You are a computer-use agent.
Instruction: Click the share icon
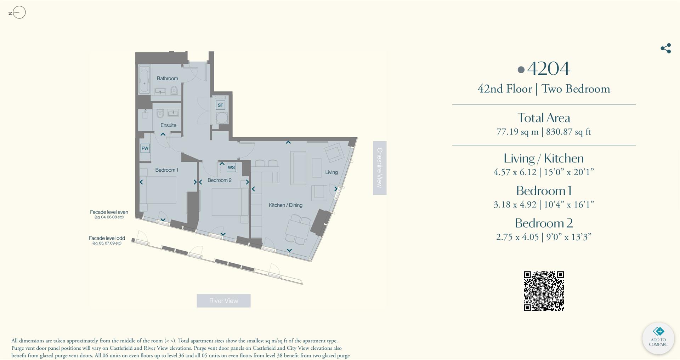tap(665, 48)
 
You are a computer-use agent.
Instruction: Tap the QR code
tap(544, 291)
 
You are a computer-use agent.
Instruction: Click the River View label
tap(223, 301)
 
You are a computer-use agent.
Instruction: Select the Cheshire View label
tap(379, 168)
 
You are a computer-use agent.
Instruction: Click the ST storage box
tap(220, 105)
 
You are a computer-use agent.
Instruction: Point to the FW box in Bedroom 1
tap(145, 148)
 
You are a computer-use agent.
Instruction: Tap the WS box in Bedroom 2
tap(231, 167)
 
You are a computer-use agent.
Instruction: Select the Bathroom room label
tap(167, 78)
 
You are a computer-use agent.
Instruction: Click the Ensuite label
tap(168, 125)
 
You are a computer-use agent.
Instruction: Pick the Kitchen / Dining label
tap(285, 205)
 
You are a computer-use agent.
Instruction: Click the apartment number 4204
tap(548, 68)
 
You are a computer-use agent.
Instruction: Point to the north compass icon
tap(18, 13)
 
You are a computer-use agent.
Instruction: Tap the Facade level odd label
tap(107, 238)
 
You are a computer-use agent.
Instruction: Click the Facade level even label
tap(109, 212)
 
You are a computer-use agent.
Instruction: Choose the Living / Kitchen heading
tap(544, 158)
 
